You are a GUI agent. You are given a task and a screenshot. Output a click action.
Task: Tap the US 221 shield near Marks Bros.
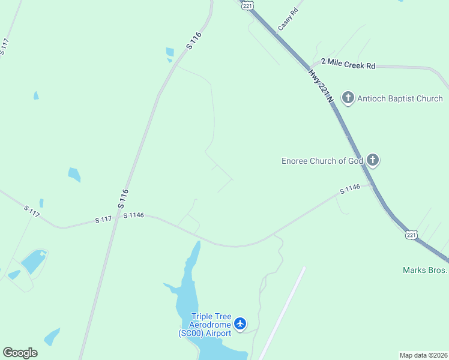pyautogui.click(x=411, y=235)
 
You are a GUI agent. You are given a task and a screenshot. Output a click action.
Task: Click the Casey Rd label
pyautogui.click(x=288, y=20)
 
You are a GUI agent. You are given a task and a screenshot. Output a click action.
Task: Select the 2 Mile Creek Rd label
pyautogui.click(x=348, y=63)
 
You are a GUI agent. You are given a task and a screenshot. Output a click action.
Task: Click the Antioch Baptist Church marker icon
pyautogui.click(x=348, y=98)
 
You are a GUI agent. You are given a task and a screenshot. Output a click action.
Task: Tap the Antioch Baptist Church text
pyautogui.click(x=400, y=98)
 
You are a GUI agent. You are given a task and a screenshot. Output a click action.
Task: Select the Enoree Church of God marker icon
pyautogui.click(x=373, y=160)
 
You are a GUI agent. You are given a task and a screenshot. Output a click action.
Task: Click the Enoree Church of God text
pyautogui.click(x=322, y=161)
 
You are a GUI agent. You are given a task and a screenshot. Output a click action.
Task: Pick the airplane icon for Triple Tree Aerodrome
pyautogui.click(x=240, y=324)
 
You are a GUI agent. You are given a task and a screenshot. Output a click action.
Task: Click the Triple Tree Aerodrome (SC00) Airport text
pyautogui.click(x=204, y=325)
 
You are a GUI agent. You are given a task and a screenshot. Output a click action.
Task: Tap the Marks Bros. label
pyautogui.click(x=425, y=270)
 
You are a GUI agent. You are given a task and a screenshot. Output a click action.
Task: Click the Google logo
pyautogui.click(x=20, y=353)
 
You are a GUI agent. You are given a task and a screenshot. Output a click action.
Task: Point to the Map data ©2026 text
pyautogui.click(x=423, y=355)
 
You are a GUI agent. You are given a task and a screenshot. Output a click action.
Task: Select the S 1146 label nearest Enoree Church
pyautogui.click(x=349, y=189)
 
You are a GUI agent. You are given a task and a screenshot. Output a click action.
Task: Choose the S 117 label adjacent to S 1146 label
pyautogui.click(x=103, y=220)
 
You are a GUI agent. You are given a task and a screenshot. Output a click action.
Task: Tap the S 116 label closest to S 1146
pyautogui.click(x=123, y=199)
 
